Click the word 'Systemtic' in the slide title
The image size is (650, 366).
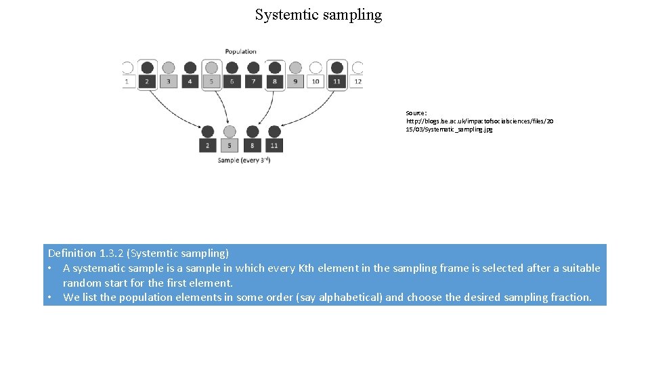pos(285,14)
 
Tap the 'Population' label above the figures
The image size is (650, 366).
pos(241,52)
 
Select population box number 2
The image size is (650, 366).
pos(147,81)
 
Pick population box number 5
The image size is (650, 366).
pos(211,81)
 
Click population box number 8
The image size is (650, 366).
pos(274,81)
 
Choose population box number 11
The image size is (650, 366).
pos(337,81)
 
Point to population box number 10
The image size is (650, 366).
pos(316,81)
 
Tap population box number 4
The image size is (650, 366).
pos(190,81)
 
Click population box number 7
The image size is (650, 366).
pos(253,81)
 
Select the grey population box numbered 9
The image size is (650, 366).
pos(295,81)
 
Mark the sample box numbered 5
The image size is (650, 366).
pos(230,146)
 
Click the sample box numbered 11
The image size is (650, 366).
pos(274,146)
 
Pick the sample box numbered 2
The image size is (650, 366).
pos(207,146)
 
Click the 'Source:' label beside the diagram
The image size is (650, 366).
pos(416,113)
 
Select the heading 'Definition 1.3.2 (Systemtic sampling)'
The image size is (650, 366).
pos(138,253)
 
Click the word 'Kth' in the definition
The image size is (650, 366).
pos(305,268)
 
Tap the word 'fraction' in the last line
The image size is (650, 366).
pos(569,297)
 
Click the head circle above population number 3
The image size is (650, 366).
pos(169,68)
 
